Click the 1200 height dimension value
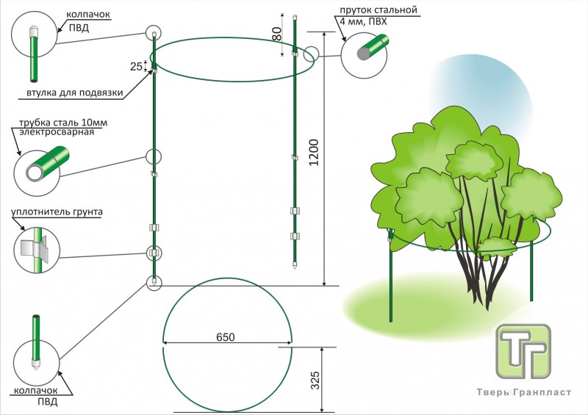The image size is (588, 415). [x=314, y=152]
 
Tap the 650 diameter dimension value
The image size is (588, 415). [x=226, y=337]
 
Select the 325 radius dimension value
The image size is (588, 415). [x=315, y=380]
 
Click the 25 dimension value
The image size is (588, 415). [x=136, y=66]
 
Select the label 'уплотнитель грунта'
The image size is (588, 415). [x=56, y=213]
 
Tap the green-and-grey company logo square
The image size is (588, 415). [x=523, y=350]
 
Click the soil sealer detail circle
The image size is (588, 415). [x=36, y=247]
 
